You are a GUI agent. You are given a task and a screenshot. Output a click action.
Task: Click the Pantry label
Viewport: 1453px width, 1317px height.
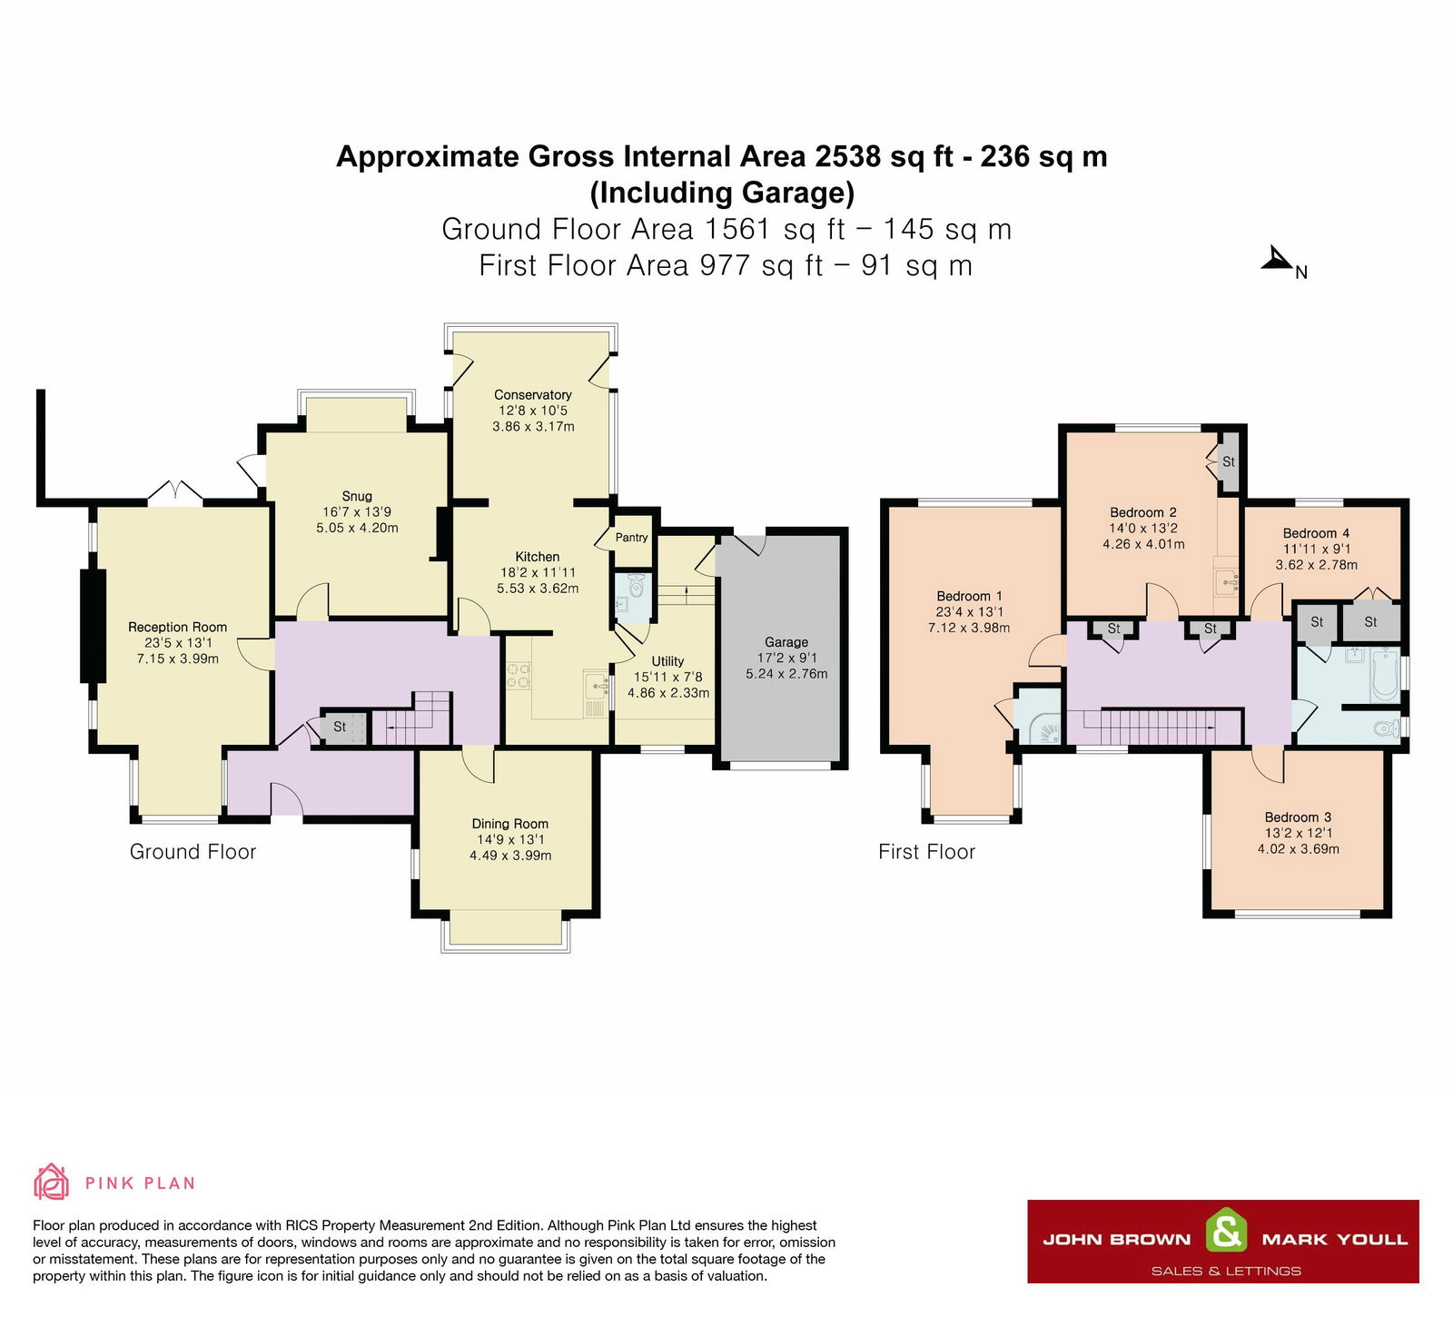click(x=631, y=538)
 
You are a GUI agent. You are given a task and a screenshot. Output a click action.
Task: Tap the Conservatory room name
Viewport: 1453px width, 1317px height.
click(x=533, y=395)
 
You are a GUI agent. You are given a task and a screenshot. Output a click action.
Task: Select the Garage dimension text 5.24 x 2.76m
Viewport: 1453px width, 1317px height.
click(x=786, y=674)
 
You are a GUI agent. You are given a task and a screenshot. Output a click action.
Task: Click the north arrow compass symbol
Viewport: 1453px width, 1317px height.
click(x=1278, y=261)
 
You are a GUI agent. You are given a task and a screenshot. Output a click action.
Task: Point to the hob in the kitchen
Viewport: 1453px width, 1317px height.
click(x=519, y=676)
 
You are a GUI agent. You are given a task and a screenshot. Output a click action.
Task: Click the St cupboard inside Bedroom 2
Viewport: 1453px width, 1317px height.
click(x=1229, y=461)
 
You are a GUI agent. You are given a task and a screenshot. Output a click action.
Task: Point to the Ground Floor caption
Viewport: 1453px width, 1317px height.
click(x=193, y=852)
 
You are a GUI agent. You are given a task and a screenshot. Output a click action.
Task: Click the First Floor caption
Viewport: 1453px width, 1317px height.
click(x=926, y=852)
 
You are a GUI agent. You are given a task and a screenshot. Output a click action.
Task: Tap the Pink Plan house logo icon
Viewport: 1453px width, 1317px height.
click(x=51, y=1182)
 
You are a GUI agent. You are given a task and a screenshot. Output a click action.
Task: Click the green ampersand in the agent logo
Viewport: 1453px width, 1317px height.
click(x=1226, y=1233)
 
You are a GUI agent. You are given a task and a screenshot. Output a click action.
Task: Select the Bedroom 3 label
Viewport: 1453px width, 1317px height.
click(x=1298, y=817)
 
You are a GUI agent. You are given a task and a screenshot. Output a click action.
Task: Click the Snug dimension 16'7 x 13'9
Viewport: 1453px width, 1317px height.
click(x=357, y=512)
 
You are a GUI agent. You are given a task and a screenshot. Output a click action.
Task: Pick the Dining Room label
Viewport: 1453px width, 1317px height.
click(x=509, y=825)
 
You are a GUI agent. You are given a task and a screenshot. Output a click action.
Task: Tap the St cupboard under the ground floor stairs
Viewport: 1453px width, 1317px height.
click(x=340, y=727)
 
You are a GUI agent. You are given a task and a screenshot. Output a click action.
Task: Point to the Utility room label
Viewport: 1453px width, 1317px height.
click(x=667, y=661)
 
